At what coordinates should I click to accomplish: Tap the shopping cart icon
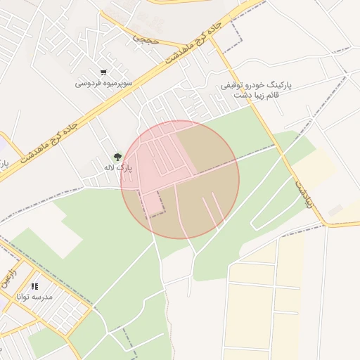pyautogui.click(x=103, y=72)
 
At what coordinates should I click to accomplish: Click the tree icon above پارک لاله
pyautogui.click(x=117, y=157)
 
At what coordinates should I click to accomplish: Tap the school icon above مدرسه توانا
pyautogui.click(x=35, y=286)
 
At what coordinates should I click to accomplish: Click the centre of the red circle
pyautogui.click(x=180, y=179)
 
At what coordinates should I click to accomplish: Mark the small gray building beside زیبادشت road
pyautogui.click(x=335, y=210)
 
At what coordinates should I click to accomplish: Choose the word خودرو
pyautogui.click(x=256, y=85)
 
